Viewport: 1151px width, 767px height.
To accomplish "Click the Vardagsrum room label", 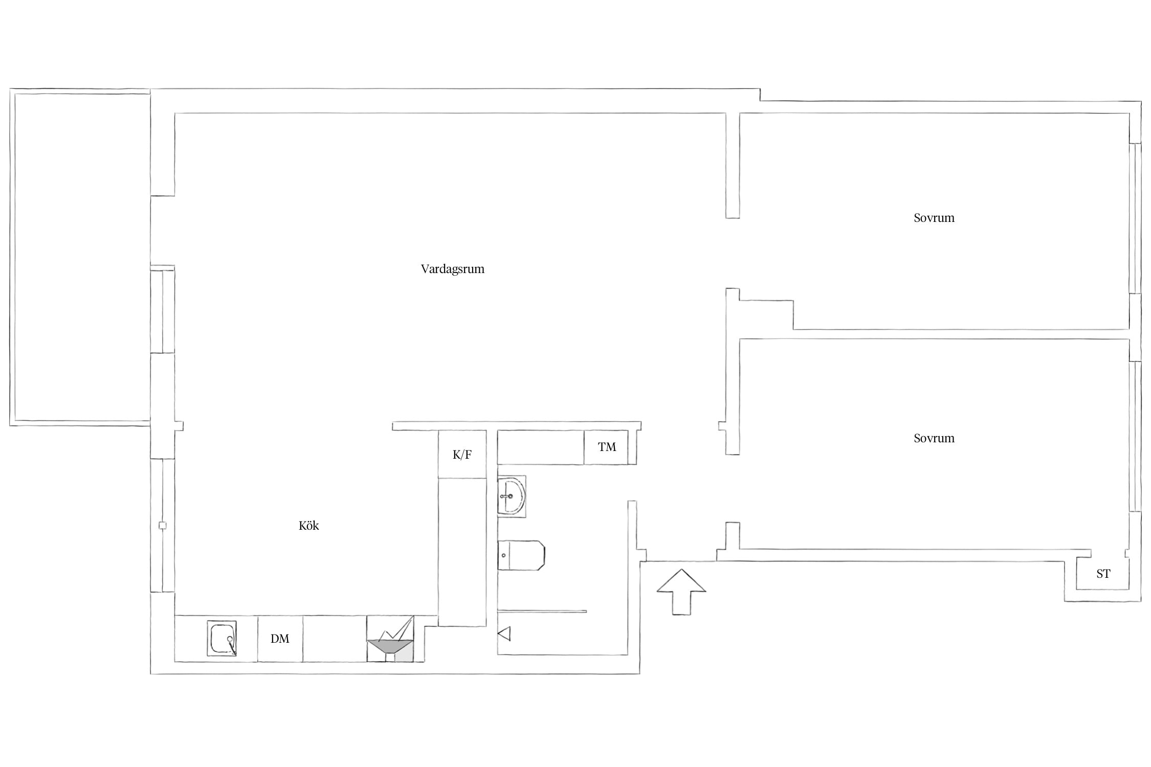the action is [x=452, y=269].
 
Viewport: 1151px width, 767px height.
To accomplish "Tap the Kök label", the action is [x=308, y=526].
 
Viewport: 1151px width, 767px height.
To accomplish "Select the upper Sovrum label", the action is [x=934, y=218].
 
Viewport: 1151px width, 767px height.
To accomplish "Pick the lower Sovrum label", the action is [x=934, y=438].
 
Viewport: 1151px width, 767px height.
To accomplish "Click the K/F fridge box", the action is [x=462, y=454].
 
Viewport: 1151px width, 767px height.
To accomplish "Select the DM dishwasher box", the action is [x=280, y=639].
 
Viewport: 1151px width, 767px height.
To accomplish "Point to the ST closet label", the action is [x=1103, y=574].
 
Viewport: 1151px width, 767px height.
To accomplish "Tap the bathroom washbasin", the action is [x=511, y=496].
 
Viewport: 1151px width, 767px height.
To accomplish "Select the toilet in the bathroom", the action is [x=521, y=555].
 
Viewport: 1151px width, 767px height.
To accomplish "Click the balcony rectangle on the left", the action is [x=80, y=257].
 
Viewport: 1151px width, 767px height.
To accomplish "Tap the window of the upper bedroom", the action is [x=1135, y=218].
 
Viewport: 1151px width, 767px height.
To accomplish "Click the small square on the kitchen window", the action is [x=163, y=526].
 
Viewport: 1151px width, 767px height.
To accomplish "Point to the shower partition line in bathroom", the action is [x=542, y=611].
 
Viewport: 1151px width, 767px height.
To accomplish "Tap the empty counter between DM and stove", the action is [x=335, y=639].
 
